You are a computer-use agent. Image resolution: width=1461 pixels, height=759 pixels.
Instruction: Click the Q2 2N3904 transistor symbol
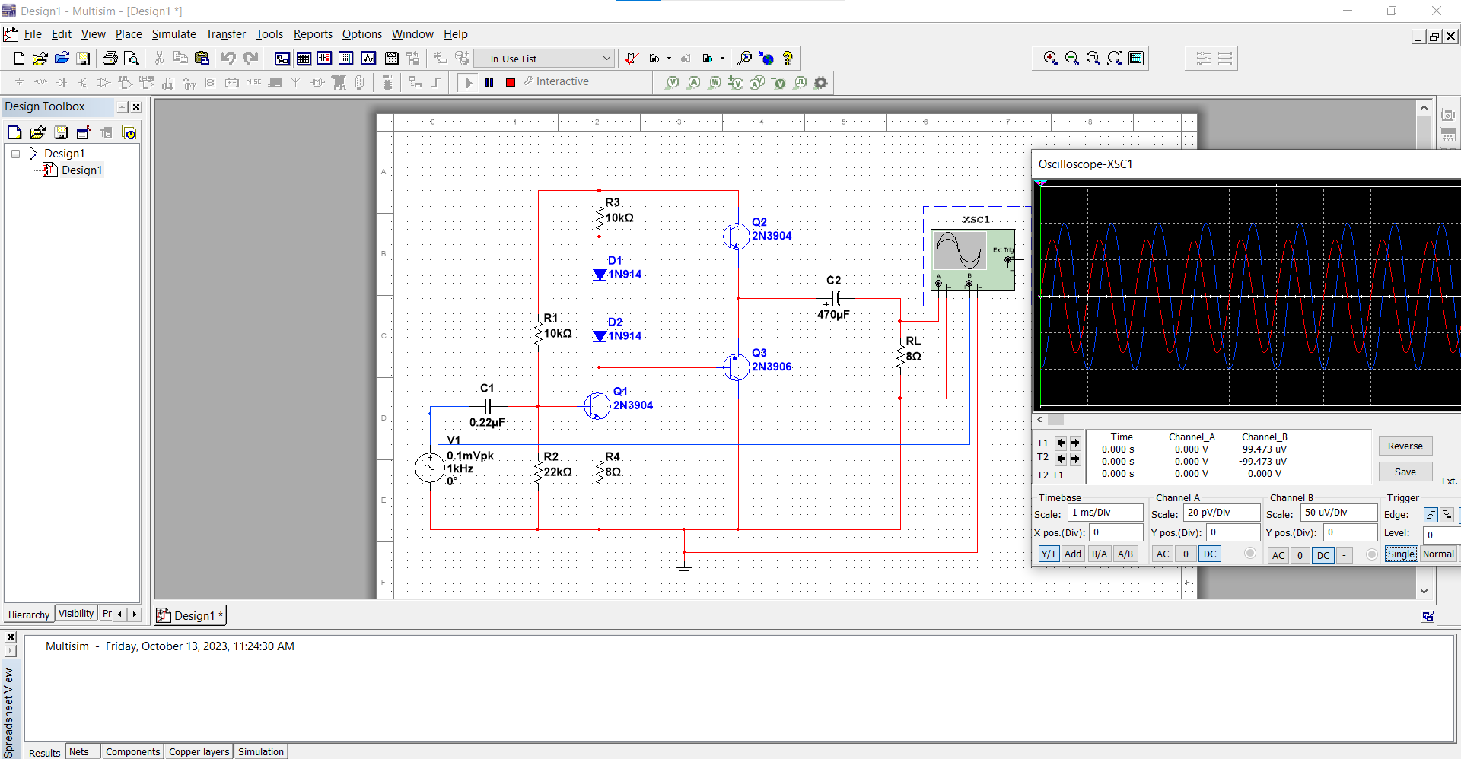[x=736, y=236]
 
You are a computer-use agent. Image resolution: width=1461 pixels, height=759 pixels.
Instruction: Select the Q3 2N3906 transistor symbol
[x=736, y=367]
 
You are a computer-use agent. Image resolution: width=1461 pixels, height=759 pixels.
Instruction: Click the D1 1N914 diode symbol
[x=600, y=275]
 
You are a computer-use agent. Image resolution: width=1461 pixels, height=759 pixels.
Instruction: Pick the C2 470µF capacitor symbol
[x=835, y=298]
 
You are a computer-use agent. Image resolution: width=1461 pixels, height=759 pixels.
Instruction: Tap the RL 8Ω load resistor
[x=900, y=356]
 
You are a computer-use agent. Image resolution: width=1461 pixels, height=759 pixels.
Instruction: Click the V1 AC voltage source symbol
[x=430, y=468]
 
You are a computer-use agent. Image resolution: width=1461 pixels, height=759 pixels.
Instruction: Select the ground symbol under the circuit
[x=684, y=567]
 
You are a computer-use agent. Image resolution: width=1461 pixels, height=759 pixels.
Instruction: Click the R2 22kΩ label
[x=557, y=465]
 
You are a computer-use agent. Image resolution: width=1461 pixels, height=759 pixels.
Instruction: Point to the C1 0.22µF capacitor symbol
[x=489, y=406]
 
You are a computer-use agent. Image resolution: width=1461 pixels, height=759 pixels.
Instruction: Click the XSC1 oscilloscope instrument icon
[x=972, y=259]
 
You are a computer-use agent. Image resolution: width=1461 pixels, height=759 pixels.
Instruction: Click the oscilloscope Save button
[x=1405, y=472]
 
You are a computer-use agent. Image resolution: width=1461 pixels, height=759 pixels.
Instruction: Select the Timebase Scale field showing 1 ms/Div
[x=1105, y=513]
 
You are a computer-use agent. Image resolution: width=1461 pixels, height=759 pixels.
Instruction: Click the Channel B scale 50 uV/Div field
[x=1338, y=513]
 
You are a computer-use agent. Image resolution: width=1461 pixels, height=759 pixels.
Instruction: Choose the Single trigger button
[x=1400, y=554]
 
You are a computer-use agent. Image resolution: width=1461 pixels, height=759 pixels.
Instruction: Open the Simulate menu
[x=173, y=34]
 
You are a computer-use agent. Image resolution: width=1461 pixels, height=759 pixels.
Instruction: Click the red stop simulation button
[x=511, y=82]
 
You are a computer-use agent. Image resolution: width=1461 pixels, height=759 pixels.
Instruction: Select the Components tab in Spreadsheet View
[x=132, y=751]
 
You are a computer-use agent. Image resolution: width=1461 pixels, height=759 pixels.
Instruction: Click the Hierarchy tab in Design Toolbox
[x=28, y=615]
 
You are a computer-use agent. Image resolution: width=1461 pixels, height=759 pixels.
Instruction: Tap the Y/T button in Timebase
[x=1049, y=554]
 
